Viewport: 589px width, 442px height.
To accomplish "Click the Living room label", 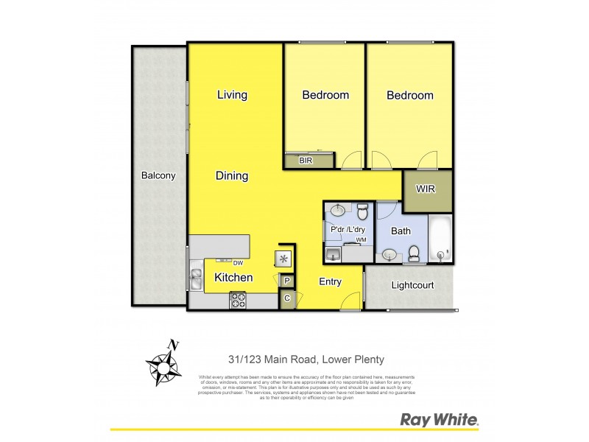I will [x=232, y=95].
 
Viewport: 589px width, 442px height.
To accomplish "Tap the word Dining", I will [x=232, y=176].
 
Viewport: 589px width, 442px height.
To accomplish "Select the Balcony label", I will [x=158, y=175].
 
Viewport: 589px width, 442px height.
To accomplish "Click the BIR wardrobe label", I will [x=305, y=160].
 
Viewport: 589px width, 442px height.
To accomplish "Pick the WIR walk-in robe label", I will [x=426, y=189].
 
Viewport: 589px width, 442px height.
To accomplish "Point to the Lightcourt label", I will [x=412, y=285].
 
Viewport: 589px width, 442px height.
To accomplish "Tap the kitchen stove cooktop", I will [x=239, y=299].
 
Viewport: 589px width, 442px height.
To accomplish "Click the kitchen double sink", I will [x=197, y=279].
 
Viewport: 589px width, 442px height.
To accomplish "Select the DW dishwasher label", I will [x=237, y=263].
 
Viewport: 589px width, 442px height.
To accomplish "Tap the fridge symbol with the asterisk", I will [x=283, y=259].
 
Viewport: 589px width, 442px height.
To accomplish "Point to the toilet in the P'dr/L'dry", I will [x=362, y=214].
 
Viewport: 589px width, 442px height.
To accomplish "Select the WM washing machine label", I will [x=361, y=240].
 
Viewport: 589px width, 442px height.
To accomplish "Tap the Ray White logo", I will [x=440, y=420].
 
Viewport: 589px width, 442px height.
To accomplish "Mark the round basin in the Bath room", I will [x=389, y=255].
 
